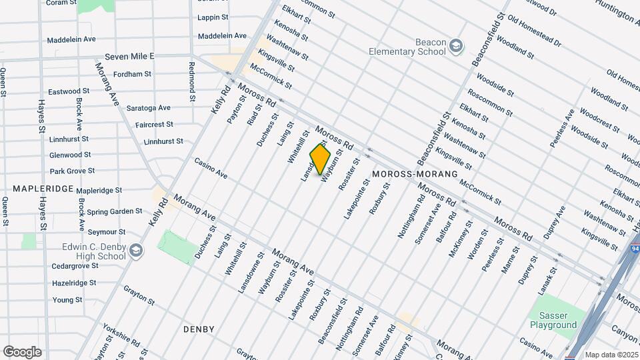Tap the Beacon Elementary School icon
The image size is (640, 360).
click(x=456, y=47)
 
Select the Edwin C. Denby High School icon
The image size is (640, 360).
click(x=136, y=251)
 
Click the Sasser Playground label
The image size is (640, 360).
click(x=553, y=320)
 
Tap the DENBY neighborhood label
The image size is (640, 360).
click(x=199, y=329)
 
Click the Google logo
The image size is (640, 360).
click(x=22, y=351)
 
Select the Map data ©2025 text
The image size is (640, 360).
click(x=612, y=355)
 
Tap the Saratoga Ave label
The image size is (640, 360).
click(x=148, y=107)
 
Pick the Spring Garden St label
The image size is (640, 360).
click(x=115, y=211)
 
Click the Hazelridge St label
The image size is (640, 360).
click(x=75, y=283)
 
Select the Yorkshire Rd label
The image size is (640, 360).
click(x=121, y=336)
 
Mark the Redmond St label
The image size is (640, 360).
click(x=191, y=81)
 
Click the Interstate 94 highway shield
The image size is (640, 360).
click(x=635, y=248)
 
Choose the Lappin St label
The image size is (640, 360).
click(x=213, y=18)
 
